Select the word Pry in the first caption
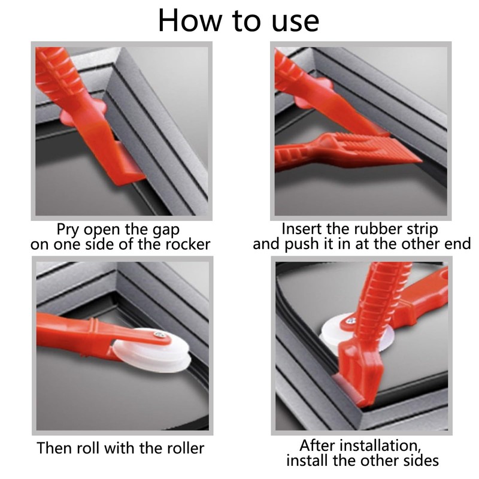(x=69, y=229)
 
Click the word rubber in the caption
(x=371, y=229)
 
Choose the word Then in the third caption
(x=53, y=448)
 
